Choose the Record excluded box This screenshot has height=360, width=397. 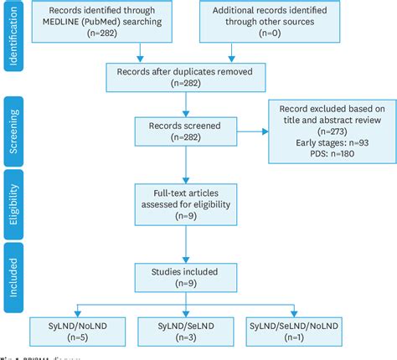[x=329, y=130]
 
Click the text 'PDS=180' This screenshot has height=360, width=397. [x=330, y=153]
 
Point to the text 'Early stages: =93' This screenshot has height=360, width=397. [x=330, y=141]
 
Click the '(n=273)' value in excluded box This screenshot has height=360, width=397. [x=330, y=130]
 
